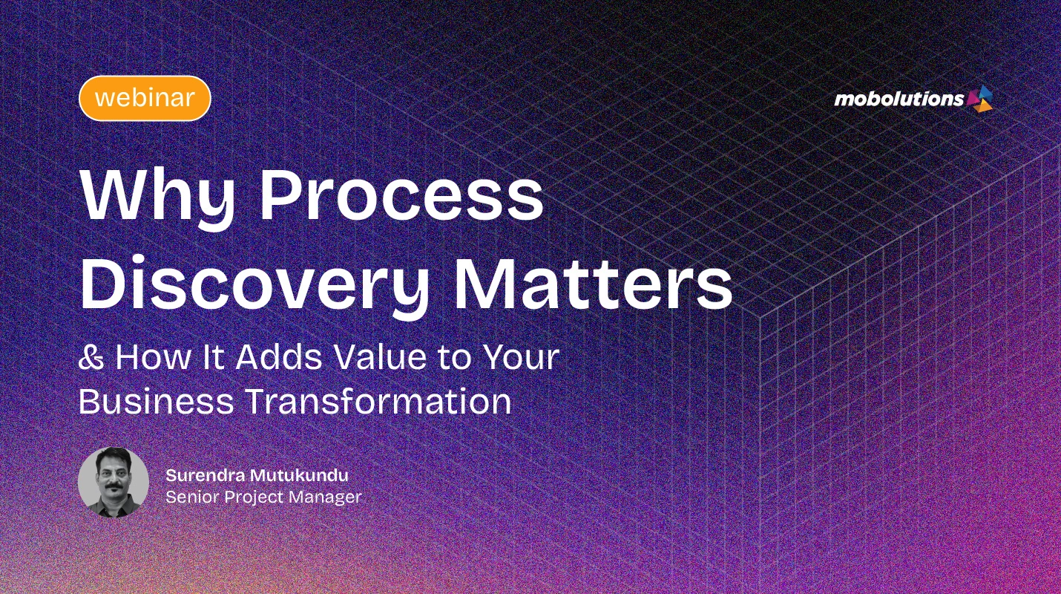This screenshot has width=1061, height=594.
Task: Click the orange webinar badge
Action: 145,98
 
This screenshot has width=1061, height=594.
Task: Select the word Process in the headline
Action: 401,195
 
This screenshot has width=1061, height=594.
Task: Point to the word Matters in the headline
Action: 594,282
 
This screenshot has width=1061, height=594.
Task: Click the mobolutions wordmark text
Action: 899,99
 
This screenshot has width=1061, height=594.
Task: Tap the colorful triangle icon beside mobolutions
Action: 980,98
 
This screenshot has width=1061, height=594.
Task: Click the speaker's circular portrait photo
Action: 113,482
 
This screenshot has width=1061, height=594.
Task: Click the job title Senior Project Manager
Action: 263,497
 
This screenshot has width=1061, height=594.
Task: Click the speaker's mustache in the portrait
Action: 113,487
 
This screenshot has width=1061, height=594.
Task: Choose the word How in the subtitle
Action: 142,358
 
